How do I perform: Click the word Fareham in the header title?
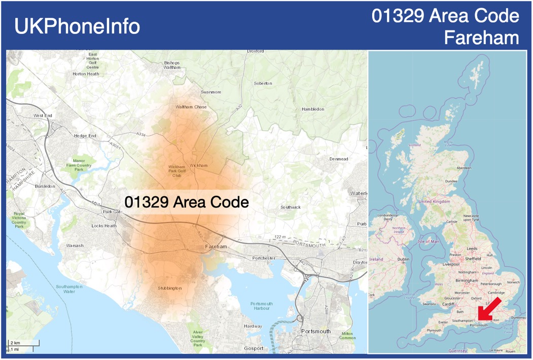[x=481, y=38]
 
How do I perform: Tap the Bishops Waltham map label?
[x=172, y=65]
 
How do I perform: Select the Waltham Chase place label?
[x=191, y=107]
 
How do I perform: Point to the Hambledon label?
[x=312, y=109]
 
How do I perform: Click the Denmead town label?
[x=339, y=159]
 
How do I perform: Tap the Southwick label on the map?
[x=291, y=207]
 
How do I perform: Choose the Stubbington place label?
[x=169, y=288]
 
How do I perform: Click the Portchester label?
[x=264, y=258]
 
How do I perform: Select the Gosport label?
[x=254, y=348]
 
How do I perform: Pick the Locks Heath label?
[x=104, y=226]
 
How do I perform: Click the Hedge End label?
[x=85, y=136]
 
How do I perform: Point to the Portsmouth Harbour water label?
[x=262, y=306]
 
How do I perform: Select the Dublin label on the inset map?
[x=404, y=259]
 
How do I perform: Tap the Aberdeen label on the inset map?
[x=464, y=168]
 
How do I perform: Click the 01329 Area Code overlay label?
[x=187, y=202]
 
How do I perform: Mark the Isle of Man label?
[x=428, y=241]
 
